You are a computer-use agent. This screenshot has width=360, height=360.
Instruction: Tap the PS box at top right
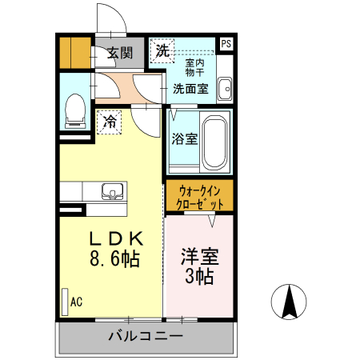226,45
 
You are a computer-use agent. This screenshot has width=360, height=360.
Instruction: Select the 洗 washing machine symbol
162,50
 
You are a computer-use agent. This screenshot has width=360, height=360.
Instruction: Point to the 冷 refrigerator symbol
109,123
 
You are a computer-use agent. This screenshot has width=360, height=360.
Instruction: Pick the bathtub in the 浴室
214,141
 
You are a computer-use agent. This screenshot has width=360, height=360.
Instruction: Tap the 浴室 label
184,139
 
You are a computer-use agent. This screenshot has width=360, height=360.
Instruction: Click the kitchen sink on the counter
111,191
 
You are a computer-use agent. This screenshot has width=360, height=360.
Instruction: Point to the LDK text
115,238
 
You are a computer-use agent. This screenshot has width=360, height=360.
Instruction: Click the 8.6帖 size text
114,258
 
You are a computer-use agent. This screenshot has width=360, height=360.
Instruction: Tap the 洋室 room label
198,258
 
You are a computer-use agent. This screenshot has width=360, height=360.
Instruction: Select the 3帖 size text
198,278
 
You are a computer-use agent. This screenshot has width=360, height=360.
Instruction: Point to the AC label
77,302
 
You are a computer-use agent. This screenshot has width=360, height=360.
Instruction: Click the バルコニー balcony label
145,336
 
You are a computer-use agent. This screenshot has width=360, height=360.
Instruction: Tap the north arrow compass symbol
289,302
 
